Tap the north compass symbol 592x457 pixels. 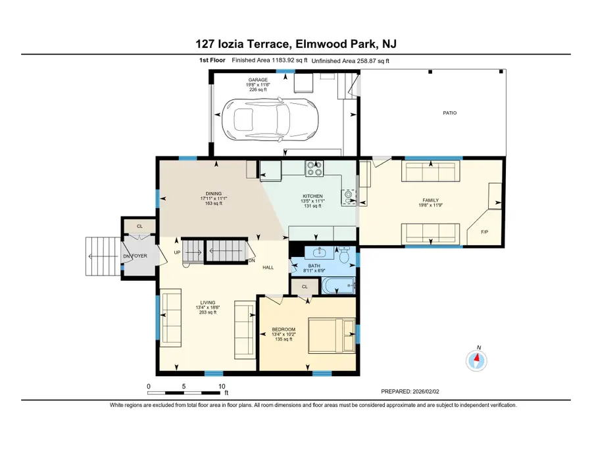(478, 360)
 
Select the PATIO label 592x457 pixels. (449, 113)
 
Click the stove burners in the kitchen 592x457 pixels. (314, 169)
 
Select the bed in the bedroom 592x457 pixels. (335, 335)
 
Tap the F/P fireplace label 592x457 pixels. (484, 233)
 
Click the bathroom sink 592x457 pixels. (318, 253)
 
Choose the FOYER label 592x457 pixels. (139, 256)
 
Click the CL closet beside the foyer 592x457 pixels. (139, 226)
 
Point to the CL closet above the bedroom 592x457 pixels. (305, 287)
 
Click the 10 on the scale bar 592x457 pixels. (222, 387)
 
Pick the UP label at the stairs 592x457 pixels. (177, 253)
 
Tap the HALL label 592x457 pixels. (268, 268)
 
